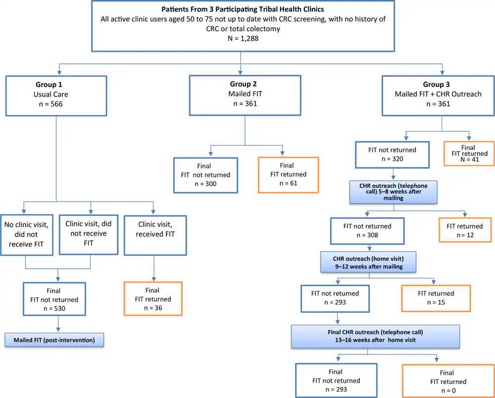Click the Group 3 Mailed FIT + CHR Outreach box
pos(438,94)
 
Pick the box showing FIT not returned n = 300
pos(205,174)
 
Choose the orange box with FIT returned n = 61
pos(288,174)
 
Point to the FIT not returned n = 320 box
pos(394,154)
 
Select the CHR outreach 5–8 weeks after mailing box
pos(394,191)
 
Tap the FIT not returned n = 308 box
pos(367,231)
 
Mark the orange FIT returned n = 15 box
pos(436,298)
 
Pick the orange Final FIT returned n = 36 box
pos(152,299)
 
